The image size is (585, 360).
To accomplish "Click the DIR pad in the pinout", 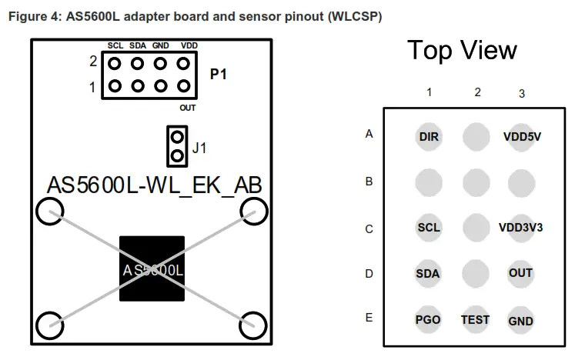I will tap(429, 137).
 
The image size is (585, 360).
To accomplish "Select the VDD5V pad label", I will tap(522, 137).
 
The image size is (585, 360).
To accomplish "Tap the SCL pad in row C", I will tap(429, 228).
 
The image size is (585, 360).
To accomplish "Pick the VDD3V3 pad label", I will tap(521, 228).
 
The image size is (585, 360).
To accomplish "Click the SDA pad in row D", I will tap(429, 273).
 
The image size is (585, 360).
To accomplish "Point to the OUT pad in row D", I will tap(521, 273).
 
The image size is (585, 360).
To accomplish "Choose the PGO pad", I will tap(429, 319).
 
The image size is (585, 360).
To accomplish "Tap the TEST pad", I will tap(476, 319).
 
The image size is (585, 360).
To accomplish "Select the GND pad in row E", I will tap(521, 320).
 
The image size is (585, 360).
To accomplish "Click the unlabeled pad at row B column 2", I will tap(476, 182).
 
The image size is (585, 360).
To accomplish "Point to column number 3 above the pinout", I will tap(522, 94).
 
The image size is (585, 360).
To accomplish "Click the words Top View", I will tap(462, 51).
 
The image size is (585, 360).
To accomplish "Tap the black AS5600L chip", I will tap(152, 268).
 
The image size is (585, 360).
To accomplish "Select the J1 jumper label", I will tap(199, 148).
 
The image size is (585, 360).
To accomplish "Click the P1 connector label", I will tap(219, 75).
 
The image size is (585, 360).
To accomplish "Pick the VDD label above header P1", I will tap(189, 46).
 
